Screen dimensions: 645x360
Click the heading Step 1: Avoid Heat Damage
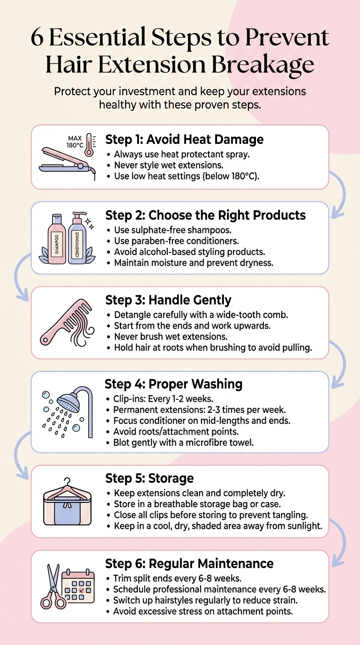point(184,139)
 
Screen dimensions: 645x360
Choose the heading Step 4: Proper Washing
point(173,384)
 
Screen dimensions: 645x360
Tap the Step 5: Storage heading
point(149,478)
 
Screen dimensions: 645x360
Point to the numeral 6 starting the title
point(37,37)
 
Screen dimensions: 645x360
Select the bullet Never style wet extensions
point(168,165)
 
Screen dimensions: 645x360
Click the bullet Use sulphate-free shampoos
point(172,230)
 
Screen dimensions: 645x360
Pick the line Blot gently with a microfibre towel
point(183,442)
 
